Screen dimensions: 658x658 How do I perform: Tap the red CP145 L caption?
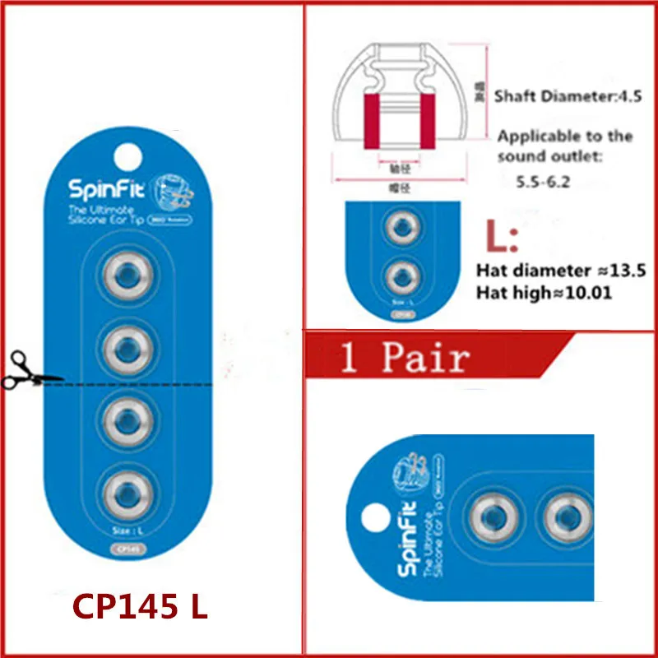pyautogui.click(x=139, y=607)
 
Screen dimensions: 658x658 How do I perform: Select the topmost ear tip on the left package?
pyautogui.click(x=127, y=277)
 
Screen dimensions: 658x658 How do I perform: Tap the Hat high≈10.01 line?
pyautogui.click(x=544, y=292)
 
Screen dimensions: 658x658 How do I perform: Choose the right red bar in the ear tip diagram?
pyautogui.click(x=427, y=121)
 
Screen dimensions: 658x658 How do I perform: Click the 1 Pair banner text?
pyautogui.click(x=405, y=358)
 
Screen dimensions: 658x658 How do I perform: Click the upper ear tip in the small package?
pyautogui.click(x=402, y=229)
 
